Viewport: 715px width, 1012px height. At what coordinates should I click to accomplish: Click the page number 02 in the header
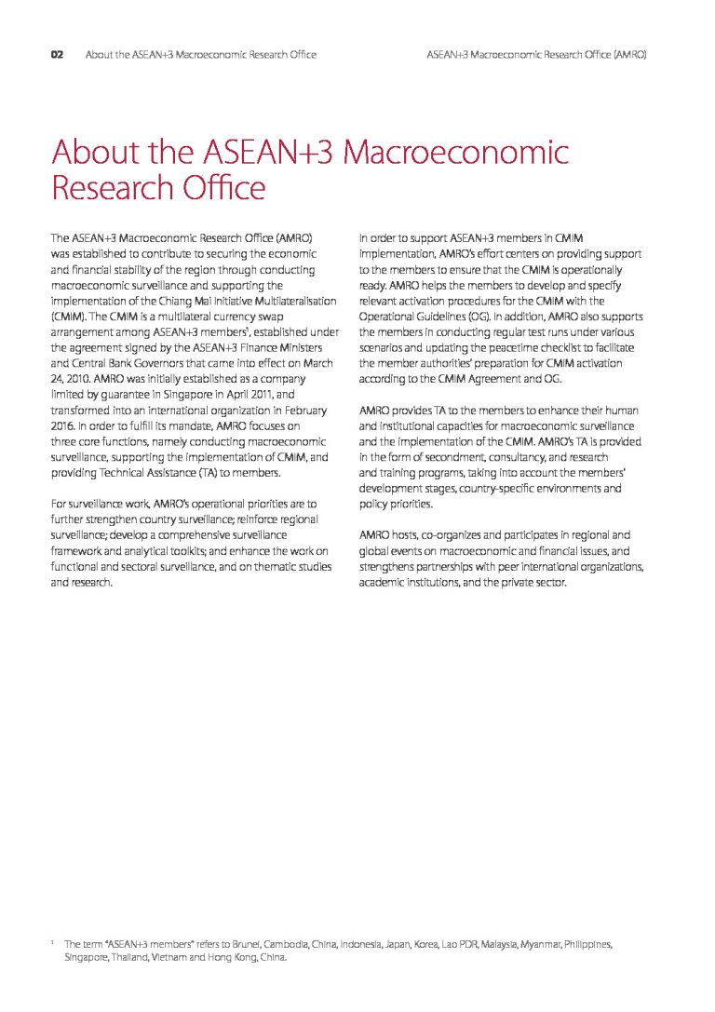click(x=57, y=55)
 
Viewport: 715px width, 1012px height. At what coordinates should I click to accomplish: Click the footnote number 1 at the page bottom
click(x=52, y=942)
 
